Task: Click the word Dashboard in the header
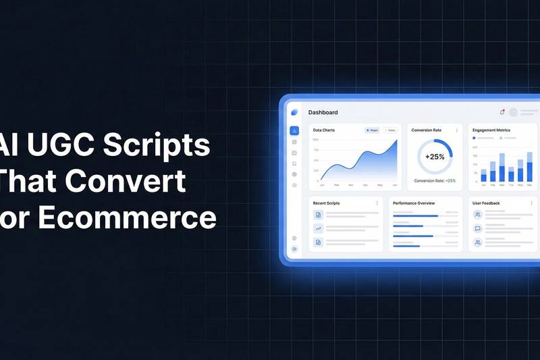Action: [x=323, y=112]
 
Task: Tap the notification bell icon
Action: [x=502, y=112]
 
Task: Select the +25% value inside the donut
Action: [x=435, y=157]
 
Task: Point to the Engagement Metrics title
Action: [x=491, y=130]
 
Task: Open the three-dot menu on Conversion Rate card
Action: [x=457, y=130]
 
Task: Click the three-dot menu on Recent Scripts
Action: [x=377, y=203]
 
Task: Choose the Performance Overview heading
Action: [x=414, y=203]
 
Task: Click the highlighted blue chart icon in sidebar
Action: [x=294, y=130]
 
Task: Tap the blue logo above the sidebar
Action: [x=294, y=112]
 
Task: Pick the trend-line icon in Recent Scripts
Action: [x=318, y=228]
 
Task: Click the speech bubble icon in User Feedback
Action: [x=478, y=228]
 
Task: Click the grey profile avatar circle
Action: [x=514, y=112]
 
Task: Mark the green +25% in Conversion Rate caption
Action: [x=451, y=180]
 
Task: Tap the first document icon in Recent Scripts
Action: [x=318, y=215]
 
